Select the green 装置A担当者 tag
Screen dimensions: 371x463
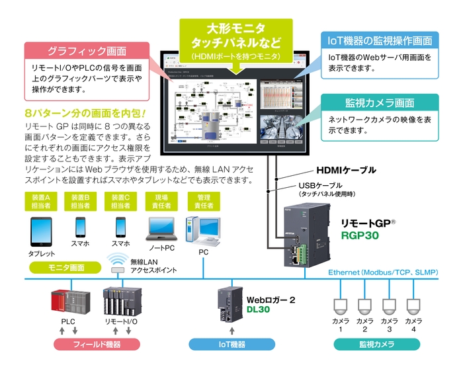[40, 202]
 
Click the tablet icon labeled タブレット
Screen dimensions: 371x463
[41, 231]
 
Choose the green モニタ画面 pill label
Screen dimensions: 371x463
[66, 267]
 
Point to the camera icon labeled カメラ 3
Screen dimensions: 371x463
[390, 305]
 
